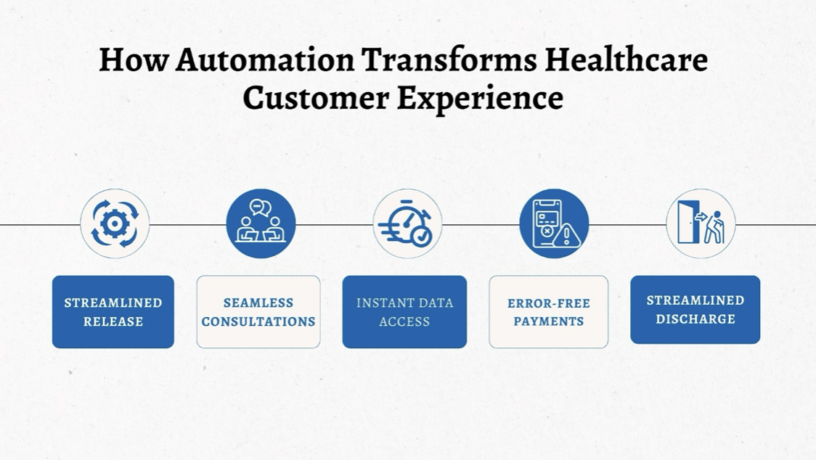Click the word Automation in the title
265,59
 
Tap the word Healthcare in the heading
626,59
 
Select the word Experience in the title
480,98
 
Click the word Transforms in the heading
449,59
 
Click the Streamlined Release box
113,312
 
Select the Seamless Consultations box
258,312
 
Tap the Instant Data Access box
404,312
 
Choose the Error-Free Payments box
549,312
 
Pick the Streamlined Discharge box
695,310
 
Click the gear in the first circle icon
115,223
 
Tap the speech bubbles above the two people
260,208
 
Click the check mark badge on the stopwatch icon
421,237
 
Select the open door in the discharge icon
688,222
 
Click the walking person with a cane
714,227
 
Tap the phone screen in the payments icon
547,219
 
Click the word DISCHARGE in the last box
695,319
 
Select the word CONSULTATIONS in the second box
258,321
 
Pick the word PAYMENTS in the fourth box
549,321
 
